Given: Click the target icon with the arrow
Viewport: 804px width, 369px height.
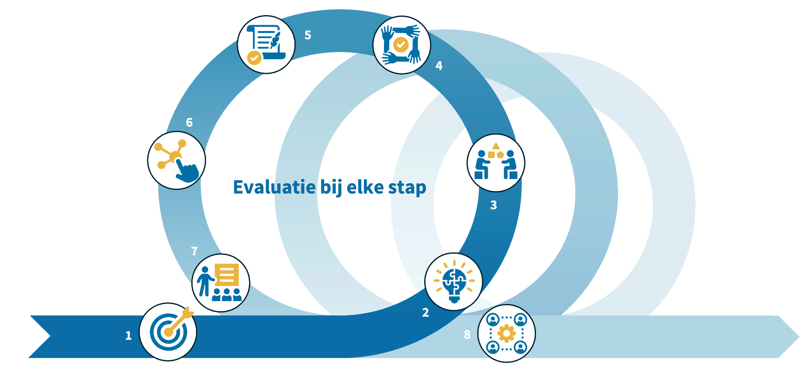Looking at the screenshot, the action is click(168, 332).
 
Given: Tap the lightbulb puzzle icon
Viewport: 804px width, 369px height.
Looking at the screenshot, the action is click(454, 281).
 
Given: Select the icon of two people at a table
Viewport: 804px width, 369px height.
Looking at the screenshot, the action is click(496, 163).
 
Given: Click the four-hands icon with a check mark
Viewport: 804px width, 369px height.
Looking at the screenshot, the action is click(402, 45).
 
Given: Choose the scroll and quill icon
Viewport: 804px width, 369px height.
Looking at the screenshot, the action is click(266, 44).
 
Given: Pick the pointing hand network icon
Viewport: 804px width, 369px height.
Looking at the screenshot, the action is click(177, 160).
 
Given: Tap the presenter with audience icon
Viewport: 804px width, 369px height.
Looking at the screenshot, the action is click(221, 283).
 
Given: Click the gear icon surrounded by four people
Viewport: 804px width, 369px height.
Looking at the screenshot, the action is click(507, 333).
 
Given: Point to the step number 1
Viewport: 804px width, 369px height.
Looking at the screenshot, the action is click(129, 335).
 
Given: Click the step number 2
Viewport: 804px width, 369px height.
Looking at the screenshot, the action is click(425, 312).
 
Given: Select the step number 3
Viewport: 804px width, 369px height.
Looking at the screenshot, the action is click(494, 205).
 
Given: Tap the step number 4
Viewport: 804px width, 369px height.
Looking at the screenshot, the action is click(439, 66).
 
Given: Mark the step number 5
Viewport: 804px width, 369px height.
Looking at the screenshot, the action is click(308, 35).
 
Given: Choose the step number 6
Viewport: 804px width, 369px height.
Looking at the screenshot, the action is click(189, 122).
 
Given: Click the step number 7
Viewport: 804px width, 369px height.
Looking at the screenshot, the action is click(194, 251).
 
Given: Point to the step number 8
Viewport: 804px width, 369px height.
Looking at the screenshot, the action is click(467, 335).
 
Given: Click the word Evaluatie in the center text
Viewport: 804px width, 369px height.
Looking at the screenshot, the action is click(274, 187).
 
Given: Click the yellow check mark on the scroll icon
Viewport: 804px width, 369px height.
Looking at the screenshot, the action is click(254, 58).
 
